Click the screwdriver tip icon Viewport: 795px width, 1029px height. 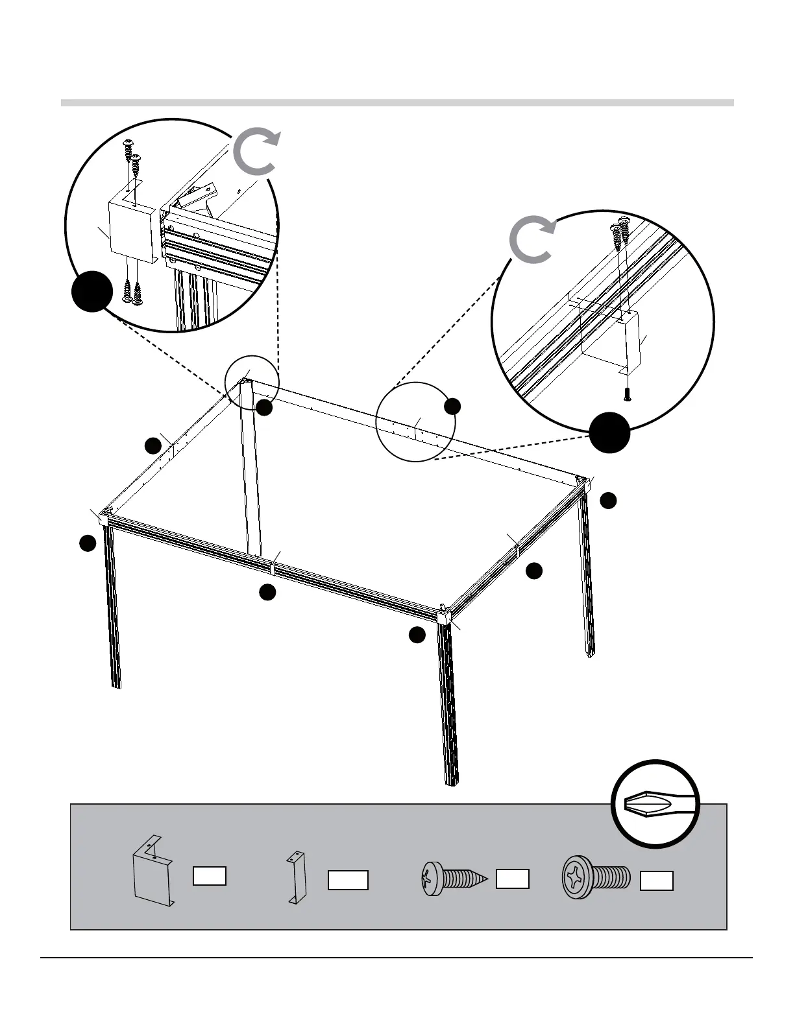click(x=655, y=804)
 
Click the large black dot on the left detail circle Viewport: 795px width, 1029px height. click(x=92, y=290)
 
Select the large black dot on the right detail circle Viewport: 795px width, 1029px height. click(x=609, y=432)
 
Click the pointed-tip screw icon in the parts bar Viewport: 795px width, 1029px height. click(x=454, y=879)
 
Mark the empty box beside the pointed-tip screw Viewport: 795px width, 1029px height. click(x=512, y=879)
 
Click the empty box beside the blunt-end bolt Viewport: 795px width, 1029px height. click(x=656, y=881)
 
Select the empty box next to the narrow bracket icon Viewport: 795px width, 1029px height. click(x=348, y=880)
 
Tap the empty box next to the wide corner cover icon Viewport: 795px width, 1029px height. click(x=210, y=875)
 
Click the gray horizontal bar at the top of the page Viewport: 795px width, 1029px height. click(x=397, y=102)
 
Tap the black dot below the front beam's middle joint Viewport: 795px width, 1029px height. click(x=267, y=592)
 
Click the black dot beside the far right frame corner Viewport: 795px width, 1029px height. click(x=608, y=500)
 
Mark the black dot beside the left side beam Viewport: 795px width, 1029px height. click(x=153, y=445)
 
